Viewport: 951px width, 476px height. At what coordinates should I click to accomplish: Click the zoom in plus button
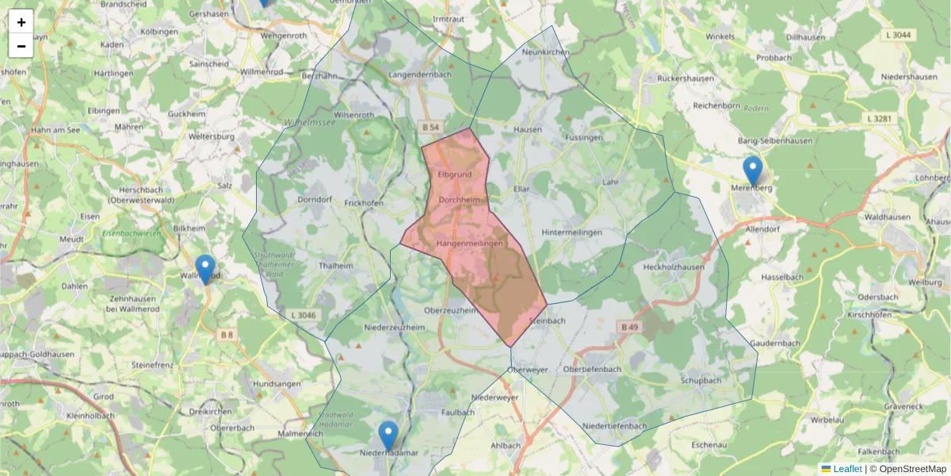[21, 22]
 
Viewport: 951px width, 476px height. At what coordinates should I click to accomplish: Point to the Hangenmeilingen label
[470, 244]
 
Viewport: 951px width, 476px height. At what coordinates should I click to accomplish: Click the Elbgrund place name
[455, 174]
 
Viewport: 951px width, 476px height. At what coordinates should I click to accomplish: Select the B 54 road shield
[430, 127]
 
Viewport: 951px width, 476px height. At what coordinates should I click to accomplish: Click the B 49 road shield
[629, 327]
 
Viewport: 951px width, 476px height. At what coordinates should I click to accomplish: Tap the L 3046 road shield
[302, 315]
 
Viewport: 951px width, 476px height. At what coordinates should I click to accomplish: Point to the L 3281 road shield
[880, 119]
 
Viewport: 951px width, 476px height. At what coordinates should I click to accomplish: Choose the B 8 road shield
[227, 336]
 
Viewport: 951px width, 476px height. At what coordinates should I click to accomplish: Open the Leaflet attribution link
[847, 469]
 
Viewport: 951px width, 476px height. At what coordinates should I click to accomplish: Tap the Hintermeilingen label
[571, 232]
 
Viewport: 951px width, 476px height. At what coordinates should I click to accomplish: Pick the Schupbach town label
[701, 380]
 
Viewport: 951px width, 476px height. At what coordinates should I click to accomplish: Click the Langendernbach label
[420, 75]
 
